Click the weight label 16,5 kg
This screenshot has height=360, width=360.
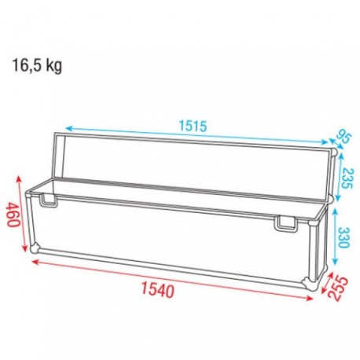pyautogui.click(x=36, y=65)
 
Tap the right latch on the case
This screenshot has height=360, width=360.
pyautogui.click(x=285, y=226)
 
